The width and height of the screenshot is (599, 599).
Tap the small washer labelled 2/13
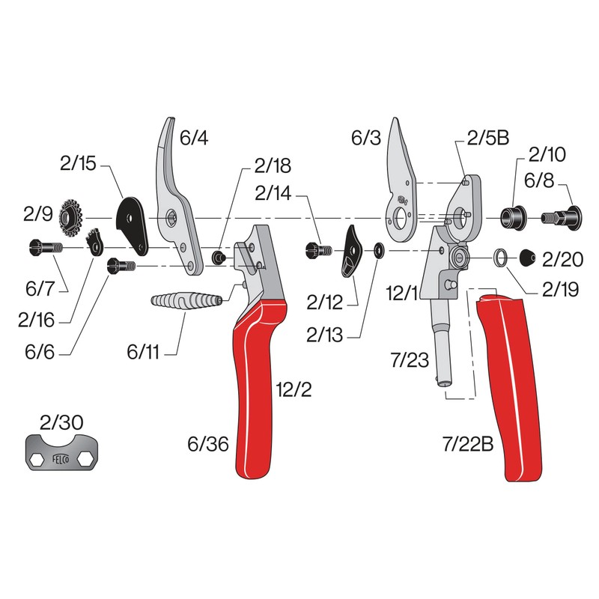click(378, 248)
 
